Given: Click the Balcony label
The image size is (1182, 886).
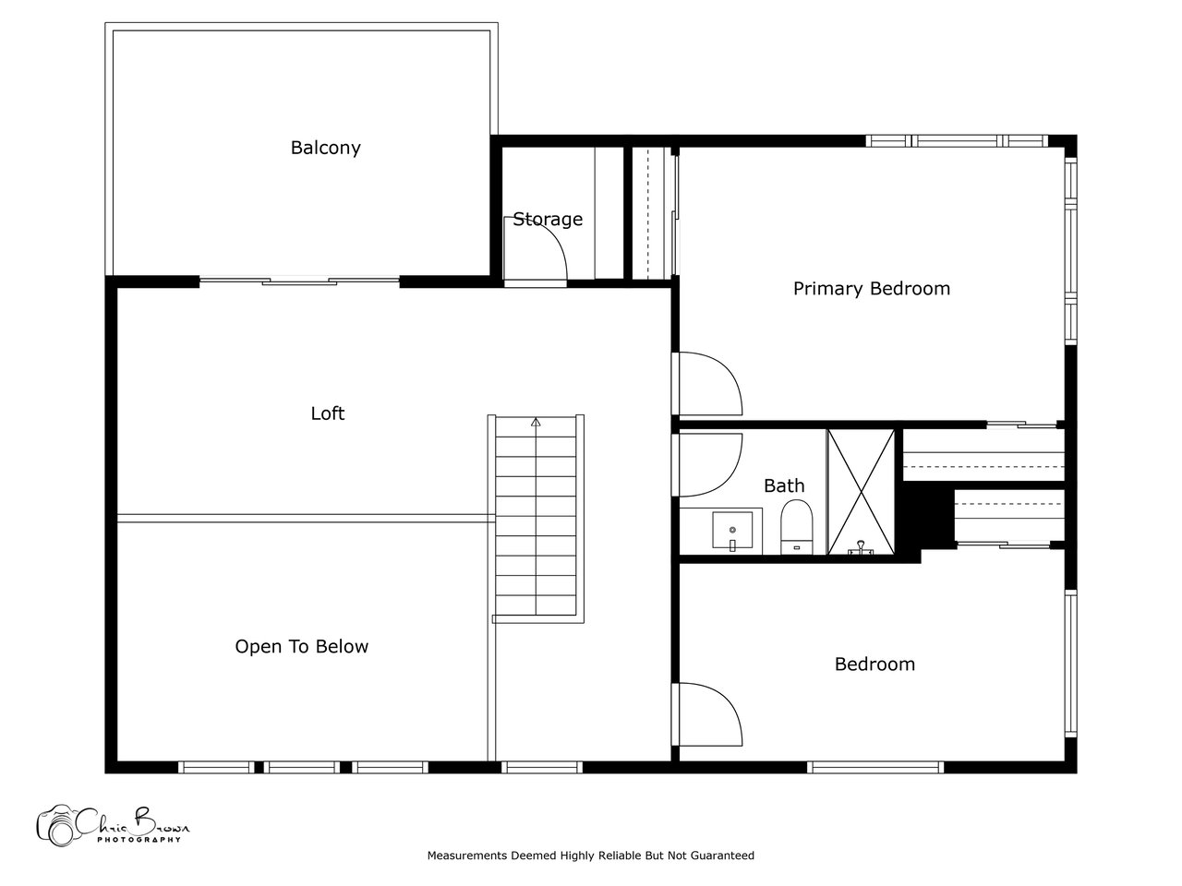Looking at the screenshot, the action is [x=325, y=148].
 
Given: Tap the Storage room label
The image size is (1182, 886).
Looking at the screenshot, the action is [x=547, y=219].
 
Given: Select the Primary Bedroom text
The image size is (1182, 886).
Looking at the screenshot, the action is [x=872, y=288].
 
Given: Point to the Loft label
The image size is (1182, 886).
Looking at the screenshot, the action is [x=328, y=413].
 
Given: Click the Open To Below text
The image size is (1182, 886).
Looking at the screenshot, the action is [x=302, y=646].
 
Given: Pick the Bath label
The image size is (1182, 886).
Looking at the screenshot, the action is [x=784, y=485].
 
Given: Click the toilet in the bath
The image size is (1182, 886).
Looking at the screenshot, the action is [x=796, y=527].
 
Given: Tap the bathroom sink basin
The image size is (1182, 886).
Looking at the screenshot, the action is [x=732, y=530].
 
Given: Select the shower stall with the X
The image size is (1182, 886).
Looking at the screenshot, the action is [x=861, y=492].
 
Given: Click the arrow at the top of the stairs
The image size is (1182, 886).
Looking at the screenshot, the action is [x=536, y=423].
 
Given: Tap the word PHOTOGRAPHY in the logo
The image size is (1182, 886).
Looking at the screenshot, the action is [x=139, y=839].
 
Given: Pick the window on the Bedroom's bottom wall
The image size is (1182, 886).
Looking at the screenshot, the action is [x=875, y=767].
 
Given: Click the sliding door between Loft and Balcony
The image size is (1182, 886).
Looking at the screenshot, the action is [x=299, y=281].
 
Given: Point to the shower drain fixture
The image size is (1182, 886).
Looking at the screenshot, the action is [x=861, y=548].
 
